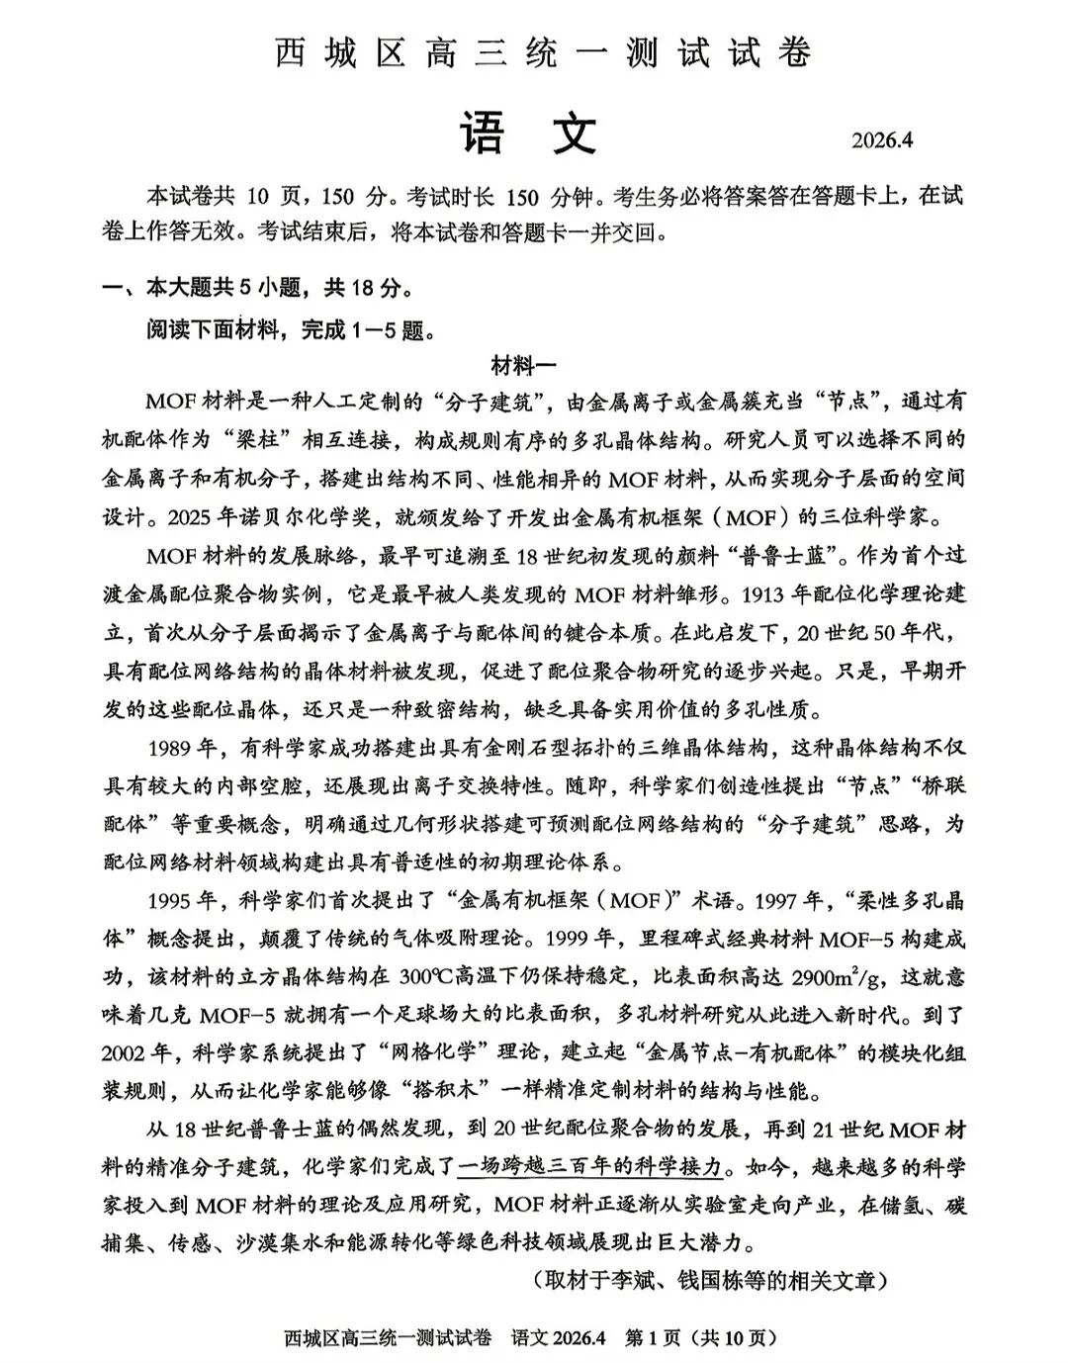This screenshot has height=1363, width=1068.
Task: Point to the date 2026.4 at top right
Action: pos(882,139)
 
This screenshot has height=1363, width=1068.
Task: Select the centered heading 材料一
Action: pos(523,365)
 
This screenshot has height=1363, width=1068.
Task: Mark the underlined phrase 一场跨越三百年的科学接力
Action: pos(590,1167)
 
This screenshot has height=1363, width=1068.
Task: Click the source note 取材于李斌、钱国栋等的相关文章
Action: pos(709,1280)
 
